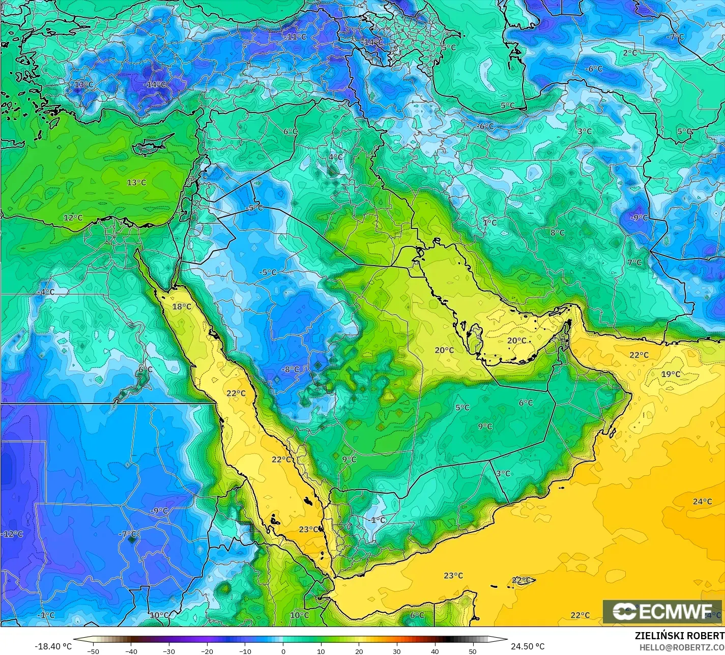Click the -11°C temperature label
click(296, 37)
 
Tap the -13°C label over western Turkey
click(83, 84)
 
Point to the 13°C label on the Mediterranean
click(136, 183)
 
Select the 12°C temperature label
click(73, 218)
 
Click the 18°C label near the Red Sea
click(182, 306)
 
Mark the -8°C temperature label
click(291, 369)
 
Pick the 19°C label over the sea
click(671, 375)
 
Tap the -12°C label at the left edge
click(13, 534)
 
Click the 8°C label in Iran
click(558, 233)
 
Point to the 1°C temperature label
click(489, 223)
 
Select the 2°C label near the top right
click(630, 52)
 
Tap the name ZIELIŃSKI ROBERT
click(680, 636)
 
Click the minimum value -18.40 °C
click(53, 646)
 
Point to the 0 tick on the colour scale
click(283, 651)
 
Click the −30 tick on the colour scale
click(169, 651)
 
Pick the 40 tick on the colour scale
click(434, 651)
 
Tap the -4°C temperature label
click(46, 292)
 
